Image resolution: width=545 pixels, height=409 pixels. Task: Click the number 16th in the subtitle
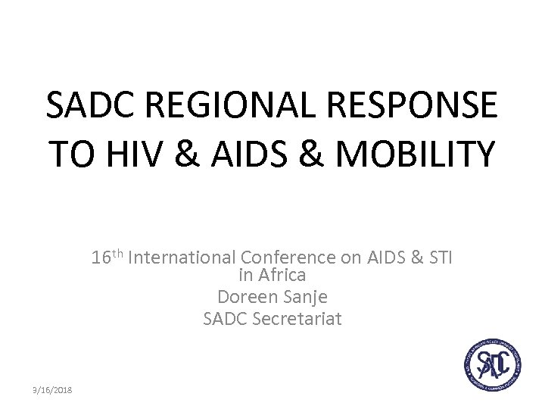(x=108, y=258)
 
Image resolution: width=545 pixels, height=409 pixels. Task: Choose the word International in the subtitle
(x=182, y=259)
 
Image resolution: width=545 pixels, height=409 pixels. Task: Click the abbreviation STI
(x=438, y=259)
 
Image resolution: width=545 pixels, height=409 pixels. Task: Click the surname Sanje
(x=305, y=297)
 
